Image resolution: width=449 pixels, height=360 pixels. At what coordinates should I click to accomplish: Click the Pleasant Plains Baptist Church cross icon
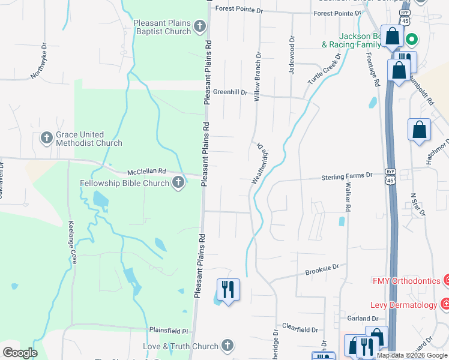200,27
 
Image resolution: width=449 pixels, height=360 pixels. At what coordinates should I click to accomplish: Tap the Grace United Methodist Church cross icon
47,139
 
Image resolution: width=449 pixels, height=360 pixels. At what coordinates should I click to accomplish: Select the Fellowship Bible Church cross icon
178,182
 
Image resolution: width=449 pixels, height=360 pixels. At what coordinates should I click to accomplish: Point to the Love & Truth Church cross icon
226,346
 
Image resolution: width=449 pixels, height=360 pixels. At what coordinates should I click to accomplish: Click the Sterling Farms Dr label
347,176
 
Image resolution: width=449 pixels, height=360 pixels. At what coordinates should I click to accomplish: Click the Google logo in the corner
20,353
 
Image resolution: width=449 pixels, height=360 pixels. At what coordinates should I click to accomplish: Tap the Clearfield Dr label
300,329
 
